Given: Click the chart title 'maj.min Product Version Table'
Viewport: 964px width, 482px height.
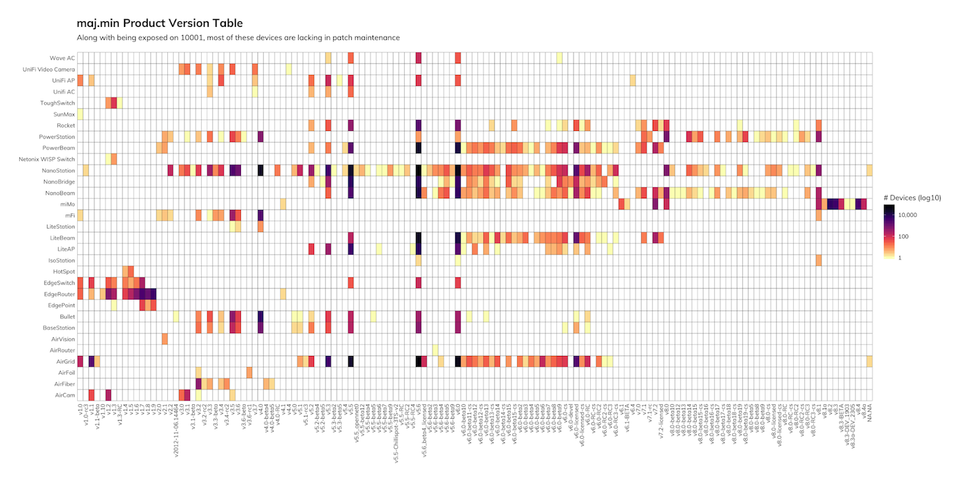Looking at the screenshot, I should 159,24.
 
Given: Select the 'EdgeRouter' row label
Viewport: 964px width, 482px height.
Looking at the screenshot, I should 59,294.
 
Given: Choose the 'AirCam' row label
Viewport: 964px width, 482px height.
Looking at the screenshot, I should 63,395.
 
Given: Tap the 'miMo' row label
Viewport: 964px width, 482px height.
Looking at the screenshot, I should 67,204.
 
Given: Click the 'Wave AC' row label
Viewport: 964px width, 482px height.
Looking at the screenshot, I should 62,58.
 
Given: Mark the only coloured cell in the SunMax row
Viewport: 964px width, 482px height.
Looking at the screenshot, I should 80,114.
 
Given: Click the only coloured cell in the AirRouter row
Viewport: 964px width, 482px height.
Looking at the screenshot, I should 435,350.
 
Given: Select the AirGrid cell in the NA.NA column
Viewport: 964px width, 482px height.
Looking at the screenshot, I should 870,361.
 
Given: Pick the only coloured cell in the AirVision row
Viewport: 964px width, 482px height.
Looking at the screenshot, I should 165,339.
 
